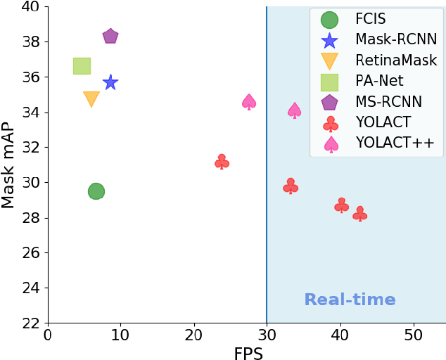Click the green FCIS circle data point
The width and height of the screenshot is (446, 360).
point(96,191)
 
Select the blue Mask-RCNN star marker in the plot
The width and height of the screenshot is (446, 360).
point(110,83)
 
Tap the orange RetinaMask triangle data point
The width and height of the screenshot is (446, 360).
point(91,99)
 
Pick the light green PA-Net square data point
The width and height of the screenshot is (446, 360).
point(82,66)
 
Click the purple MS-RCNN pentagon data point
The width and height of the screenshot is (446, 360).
point(110,37)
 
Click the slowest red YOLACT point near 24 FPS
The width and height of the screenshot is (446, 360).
point(222,162)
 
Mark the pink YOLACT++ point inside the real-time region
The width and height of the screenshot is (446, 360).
point(295,110)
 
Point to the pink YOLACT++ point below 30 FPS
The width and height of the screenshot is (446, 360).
point(249,102)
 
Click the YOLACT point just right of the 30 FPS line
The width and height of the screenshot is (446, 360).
point(291,186)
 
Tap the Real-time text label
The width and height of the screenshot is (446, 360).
point(350,300)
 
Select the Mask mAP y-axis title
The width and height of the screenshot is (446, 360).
point(8,165)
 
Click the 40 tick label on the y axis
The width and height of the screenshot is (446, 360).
point(30,7)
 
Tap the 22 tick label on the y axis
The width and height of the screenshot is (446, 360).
point(30,323)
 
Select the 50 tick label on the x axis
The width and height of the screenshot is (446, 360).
point(414,334)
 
